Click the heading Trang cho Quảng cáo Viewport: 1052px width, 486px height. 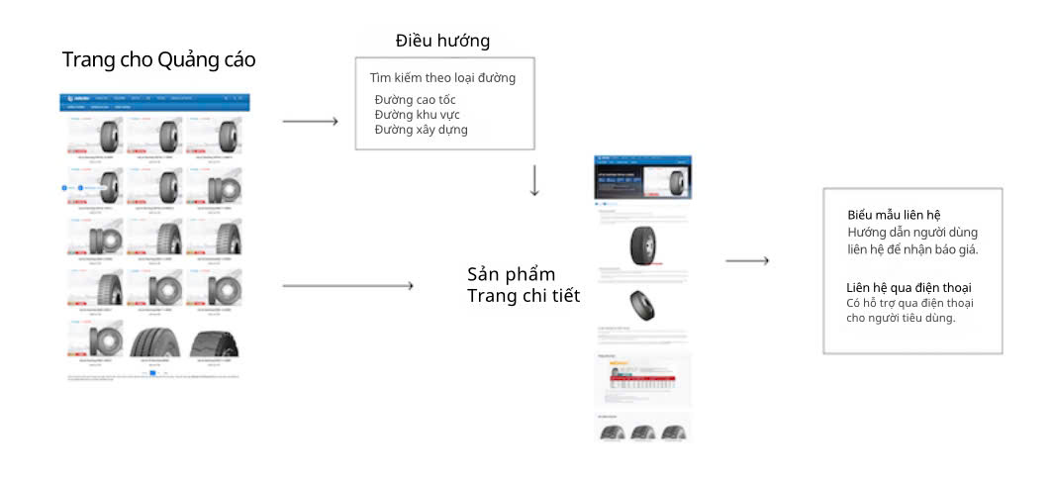[x=158, y=59]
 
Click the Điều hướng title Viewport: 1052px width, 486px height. [x=442, y=41]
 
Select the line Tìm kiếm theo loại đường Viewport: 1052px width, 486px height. [x=442, y=77]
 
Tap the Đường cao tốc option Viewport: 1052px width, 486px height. [x=415, y=100]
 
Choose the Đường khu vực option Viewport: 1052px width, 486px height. [x=417, y=115]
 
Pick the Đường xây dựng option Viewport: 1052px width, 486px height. [x=421, y=130]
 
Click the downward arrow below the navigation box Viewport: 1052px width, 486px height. [x=534, y=180]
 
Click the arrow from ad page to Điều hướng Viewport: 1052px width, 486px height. [x=310, y=122]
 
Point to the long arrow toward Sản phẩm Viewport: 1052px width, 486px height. [x=347, y=286]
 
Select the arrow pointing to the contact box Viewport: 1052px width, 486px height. [x=747, y=261]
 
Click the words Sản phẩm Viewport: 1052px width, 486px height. [x=511, y=274]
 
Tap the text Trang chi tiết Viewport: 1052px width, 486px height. [x=524, y=295]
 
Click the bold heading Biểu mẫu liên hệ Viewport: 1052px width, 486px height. [x=894, y=215]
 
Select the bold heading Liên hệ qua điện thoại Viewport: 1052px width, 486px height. [x=902, y=287]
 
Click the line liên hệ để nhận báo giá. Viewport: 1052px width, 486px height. [x=912, y=248]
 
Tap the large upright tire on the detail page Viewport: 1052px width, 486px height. [x=642, y=244]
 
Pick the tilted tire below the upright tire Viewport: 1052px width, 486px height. [x=641, y=305]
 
